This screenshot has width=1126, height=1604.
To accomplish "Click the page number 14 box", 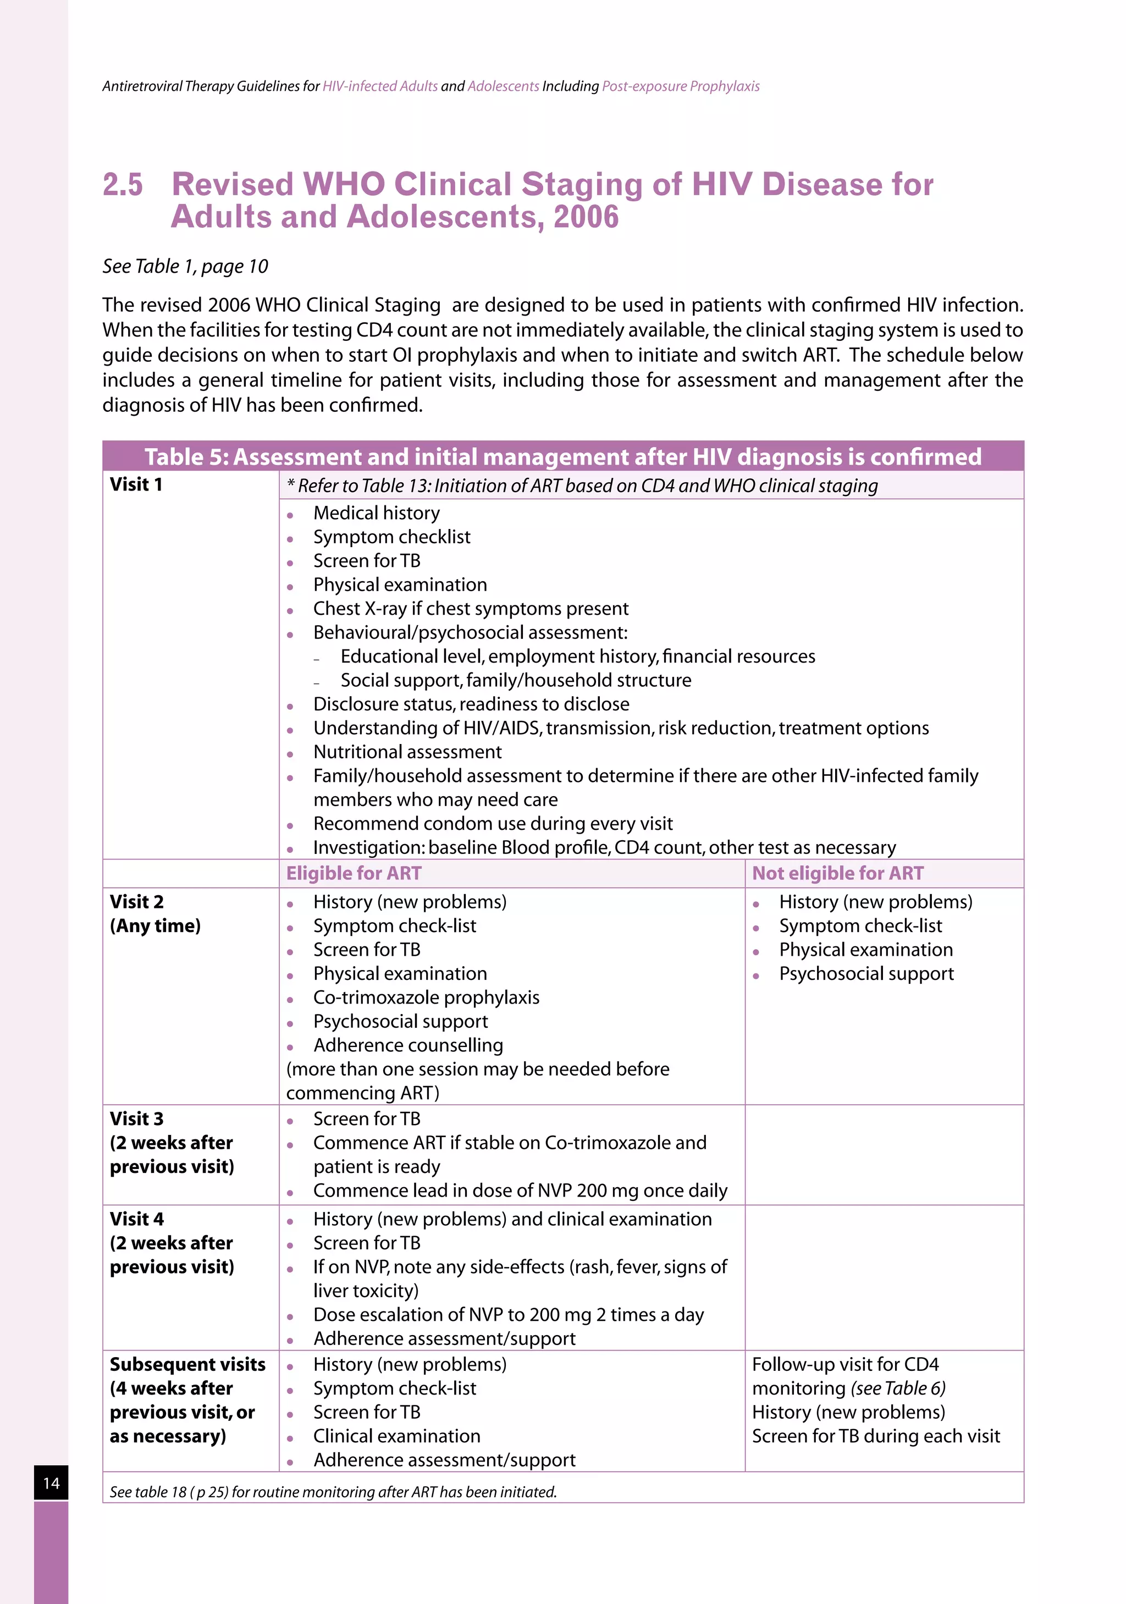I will [51, 1482].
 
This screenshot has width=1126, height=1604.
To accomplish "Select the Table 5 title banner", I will [562, 456].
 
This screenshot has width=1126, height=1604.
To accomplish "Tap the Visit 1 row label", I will [136, 485].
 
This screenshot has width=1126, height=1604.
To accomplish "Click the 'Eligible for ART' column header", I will [354, 873].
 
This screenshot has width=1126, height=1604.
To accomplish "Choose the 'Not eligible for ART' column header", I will [837, 873].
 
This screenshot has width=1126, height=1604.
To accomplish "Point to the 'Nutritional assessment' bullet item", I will [407, 752].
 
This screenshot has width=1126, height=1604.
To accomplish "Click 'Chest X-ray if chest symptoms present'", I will [470, 609].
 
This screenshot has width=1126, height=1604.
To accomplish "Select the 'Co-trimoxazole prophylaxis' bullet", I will [426, 997].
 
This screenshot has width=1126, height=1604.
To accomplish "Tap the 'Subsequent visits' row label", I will [187, 1364].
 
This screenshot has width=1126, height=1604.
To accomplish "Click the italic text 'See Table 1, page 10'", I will [185, 266].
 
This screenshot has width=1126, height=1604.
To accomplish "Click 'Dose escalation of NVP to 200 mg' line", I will [508, 1315].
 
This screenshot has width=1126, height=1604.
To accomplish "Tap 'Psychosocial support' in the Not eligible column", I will [866, 974].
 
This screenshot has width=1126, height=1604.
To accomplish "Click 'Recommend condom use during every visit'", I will [493, 824].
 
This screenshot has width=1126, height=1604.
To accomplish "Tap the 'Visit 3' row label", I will [137, 1119].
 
